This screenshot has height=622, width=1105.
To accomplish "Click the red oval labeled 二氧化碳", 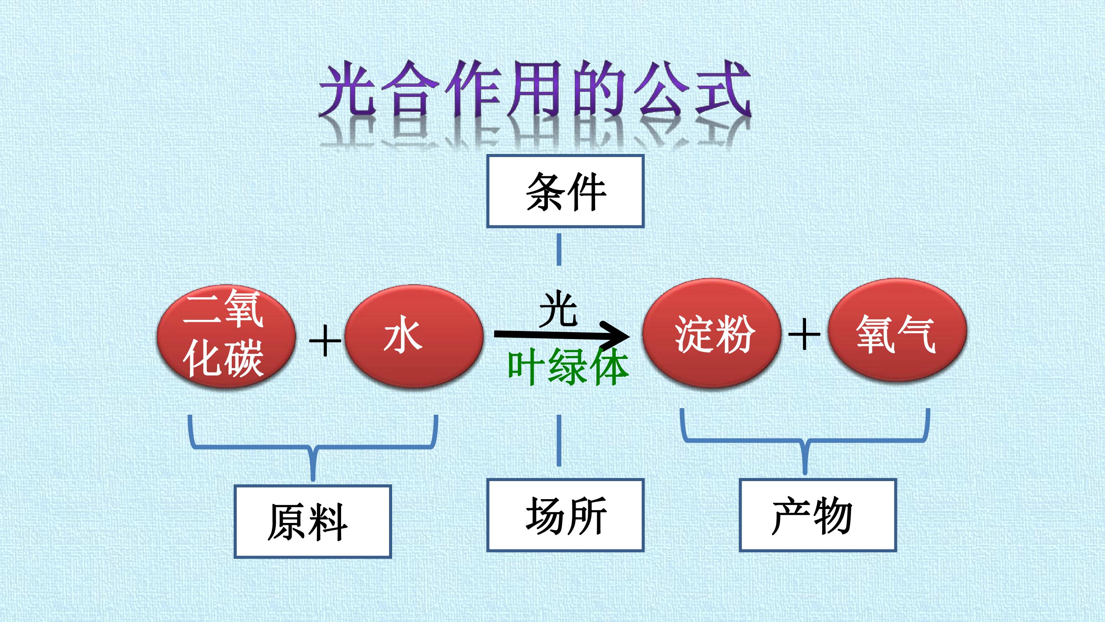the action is [226, 336].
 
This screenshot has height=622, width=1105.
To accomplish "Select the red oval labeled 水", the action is [414, 336].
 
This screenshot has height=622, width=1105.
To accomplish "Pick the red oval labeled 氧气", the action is [897, 331].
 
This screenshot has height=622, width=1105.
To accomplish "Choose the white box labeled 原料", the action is [313, 521].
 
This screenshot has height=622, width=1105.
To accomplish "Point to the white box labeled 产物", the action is [818, 515].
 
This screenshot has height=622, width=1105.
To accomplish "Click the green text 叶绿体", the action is [568, 366].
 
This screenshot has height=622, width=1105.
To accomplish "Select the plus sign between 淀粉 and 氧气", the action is [804, 334].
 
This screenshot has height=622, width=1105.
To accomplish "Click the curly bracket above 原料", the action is [313, 447].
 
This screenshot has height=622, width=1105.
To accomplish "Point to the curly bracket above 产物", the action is [805, 440].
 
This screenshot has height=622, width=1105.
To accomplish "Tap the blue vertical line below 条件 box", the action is [559, 250].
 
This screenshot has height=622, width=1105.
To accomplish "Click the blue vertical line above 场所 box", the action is [559, 440].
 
